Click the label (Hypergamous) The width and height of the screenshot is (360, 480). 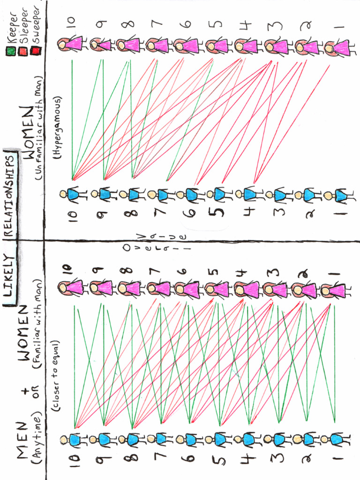[57, 129]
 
